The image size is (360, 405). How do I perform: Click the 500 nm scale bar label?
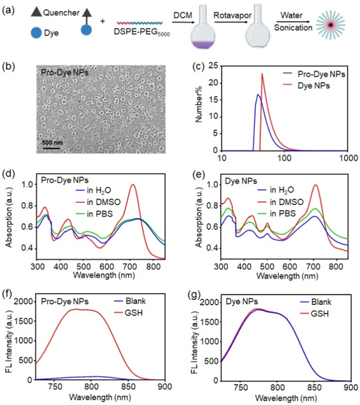click(x=53, y=141)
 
